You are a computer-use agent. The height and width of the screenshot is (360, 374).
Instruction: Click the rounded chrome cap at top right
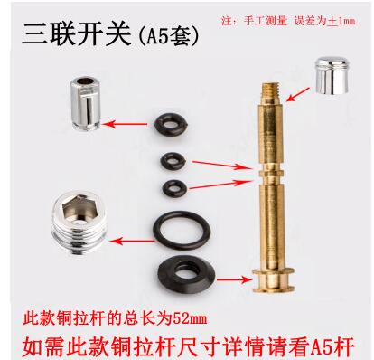coord(332,75)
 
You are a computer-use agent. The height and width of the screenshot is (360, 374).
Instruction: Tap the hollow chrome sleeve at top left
coord(85,103)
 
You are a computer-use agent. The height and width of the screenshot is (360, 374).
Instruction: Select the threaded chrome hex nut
coord(79,223)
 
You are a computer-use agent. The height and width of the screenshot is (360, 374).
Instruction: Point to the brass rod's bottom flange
coord(273,280)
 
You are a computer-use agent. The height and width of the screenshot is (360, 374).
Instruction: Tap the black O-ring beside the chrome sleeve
coord(172,123)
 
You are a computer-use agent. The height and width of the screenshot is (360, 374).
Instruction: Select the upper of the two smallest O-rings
coord(173,161)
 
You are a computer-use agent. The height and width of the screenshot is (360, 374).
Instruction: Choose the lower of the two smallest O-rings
coord(174,189)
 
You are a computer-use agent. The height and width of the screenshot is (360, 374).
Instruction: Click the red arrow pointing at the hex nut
coord(132,241)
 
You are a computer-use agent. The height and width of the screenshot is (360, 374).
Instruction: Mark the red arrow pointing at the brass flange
coord(235,280)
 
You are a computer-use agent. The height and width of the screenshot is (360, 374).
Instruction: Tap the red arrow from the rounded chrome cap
coord(298,94)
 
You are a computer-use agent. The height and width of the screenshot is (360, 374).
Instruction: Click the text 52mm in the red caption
coord(190,318)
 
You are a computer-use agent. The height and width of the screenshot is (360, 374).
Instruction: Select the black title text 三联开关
coord(77,34)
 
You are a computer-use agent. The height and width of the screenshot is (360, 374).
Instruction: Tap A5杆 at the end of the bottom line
coord(332,347)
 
